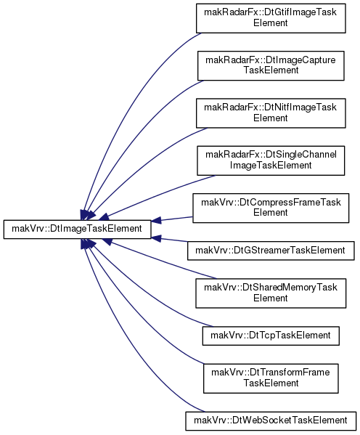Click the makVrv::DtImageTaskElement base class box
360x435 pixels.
[77, 229]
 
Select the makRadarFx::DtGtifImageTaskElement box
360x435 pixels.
[271, 18]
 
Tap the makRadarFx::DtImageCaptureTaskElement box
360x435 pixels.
[271, 66]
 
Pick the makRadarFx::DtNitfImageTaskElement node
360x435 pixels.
[271, 113]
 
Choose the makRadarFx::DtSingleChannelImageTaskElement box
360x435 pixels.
[271, 160]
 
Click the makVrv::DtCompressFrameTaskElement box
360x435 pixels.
[271, 208]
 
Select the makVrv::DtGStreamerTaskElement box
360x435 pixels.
[271, 251]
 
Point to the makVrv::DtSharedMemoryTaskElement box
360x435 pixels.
[271, 293]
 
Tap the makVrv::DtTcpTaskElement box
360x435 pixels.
[271, 336]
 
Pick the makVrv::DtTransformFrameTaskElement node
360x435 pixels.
[271, 378]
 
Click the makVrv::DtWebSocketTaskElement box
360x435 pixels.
[271, 421]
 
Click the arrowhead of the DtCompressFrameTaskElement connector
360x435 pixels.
[156, 221]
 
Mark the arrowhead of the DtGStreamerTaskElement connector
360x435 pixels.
[156, 238]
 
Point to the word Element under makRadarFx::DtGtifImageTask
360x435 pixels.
[271, 23]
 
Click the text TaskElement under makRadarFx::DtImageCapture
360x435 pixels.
[271, 70]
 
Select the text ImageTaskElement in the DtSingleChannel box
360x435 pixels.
[271, 166]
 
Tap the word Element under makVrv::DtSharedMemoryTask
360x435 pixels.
[271, 298]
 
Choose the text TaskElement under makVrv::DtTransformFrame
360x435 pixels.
[271, 383]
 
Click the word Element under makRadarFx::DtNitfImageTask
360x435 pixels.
[271, 118]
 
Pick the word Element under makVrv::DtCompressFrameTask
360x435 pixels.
[271, 213]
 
